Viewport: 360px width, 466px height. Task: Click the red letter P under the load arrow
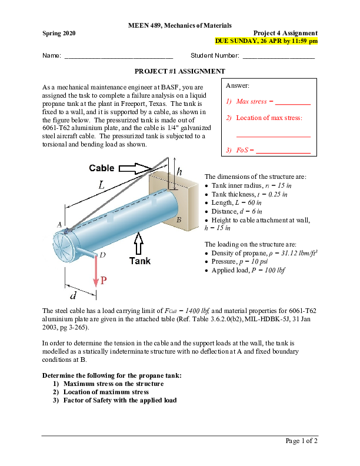pos(103,281)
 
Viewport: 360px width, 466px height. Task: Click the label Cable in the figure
pos(102,168)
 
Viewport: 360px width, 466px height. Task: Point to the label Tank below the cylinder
pos(140,261)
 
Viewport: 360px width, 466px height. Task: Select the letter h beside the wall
pos(179,171)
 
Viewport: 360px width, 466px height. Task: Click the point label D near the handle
pos(102,255)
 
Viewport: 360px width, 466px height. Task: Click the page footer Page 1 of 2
pos(301,441)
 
